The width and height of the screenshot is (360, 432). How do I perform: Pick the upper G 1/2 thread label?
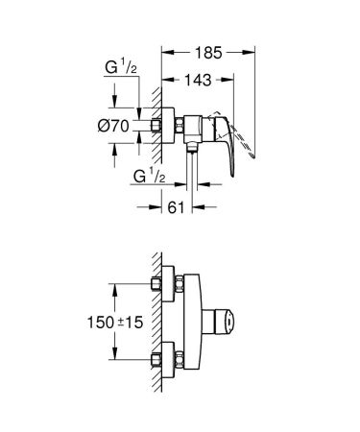coord(114,67)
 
